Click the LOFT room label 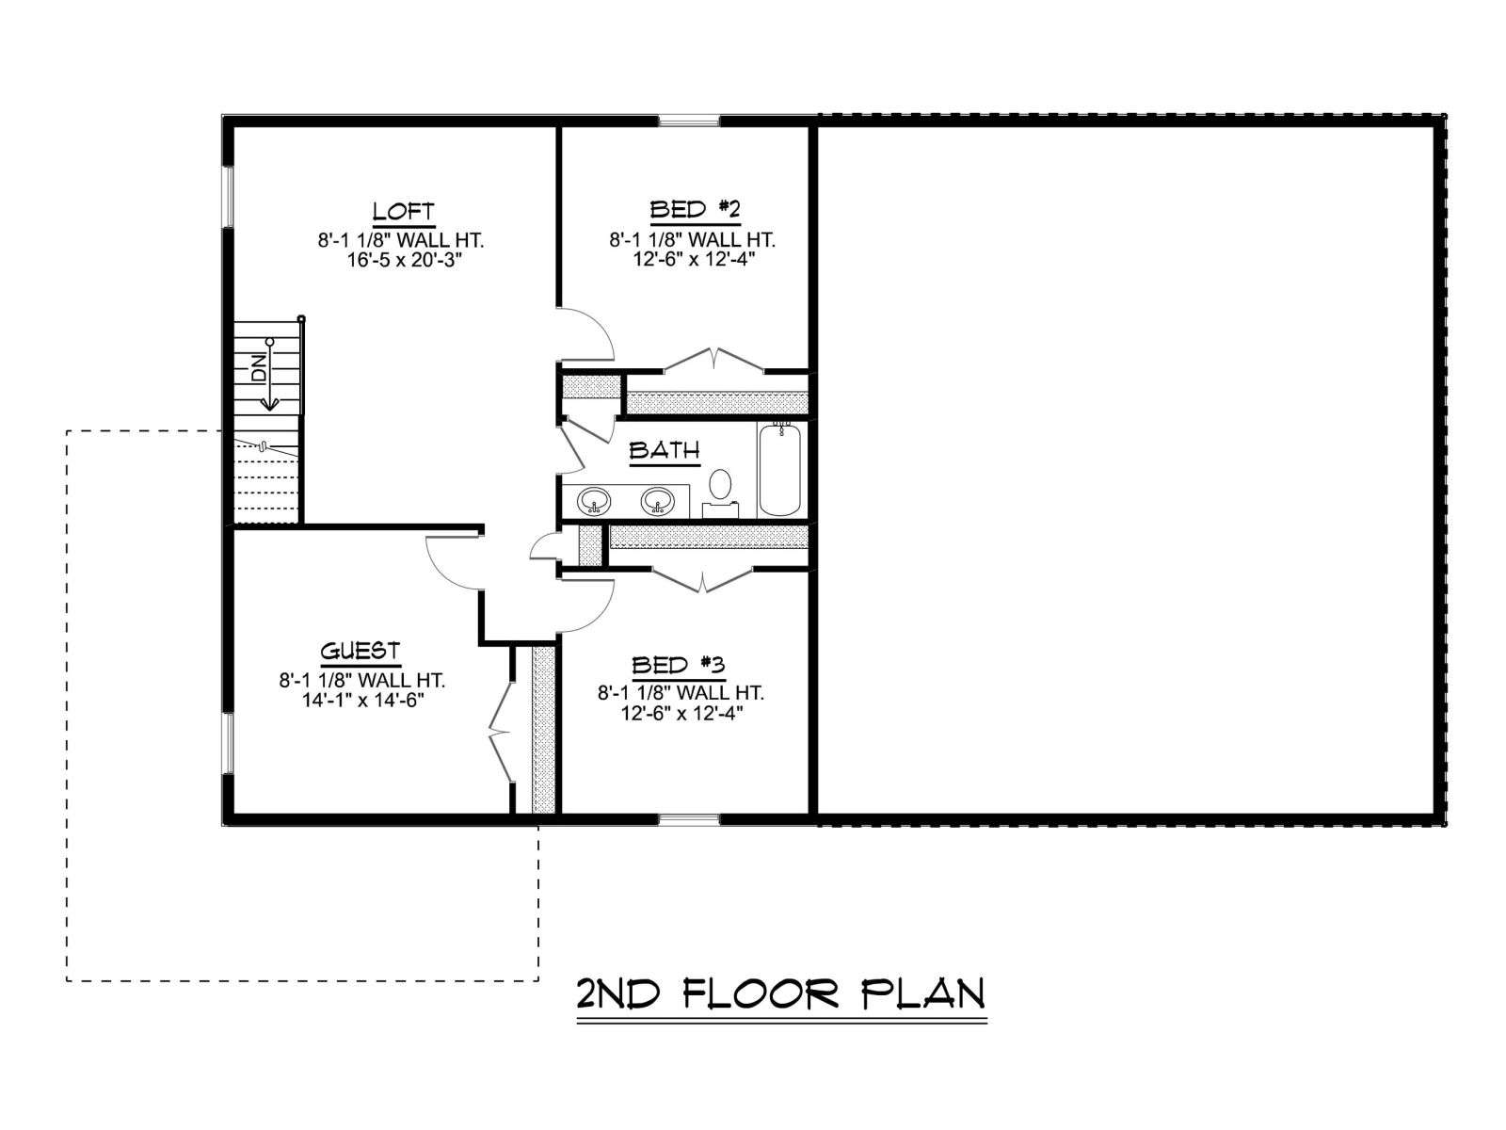(x=404, y=211)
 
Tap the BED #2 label (x=695, y=209)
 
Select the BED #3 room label (x=678, y=665)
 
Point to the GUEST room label (x=360, y=651)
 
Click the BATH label (x=665, y=450)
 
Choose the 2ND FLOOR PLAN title (x=781, y=994)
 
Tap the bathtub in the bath (x=780, y=469)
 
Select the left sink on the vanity (x=594, y=501)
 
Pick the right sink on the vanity (x=657, y=501)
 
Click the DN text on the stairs (x=259, y=368)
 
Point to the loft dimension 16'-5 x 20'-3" (x=404, y=261)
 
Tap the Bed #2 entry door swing (x=602, y=326)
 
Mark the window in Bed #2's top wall (x=690, y=122)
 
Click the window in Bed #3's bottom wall (x=690, y=819)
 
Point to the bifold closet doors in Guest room (x=501, y=733)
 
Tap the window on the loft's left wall (x=229, y=196)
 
